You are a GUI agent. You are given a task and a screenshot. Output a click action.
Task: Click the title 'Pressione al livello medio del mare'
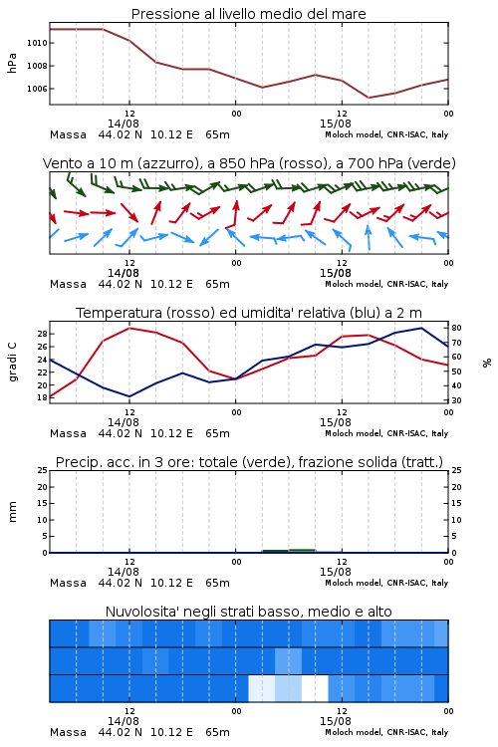click(x=248, y=14)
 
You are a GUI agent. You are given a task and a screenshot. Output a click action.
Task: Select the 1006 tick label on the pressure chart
click(x=37, y=89)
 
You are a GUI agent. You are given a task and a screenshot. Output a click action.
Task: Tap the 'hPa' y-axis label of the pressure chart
click(x=12, y=63)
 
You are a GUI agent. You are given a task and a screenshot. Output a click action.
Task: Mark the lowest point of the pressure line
click(x=368, y=98)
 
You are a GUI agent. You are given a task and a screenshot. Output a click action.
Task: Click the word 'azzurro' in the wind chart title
click(x=166, y=163)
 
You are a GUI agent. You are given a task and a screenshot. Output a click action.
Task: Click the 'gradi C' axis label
click(x=12, y=363)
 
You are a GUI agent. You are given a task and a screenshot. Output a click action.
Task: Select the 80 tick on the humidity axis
click(x=456, y=328)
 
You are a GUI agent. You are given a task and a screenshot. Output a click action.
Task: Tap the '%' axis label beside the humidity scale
click(x=487, y=363)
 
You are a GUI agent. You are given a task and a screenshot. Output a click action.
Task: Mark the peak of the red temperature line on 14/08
click(x=129, y=328)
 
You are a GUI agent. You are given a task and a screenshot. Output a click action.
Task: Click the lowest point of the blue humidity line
click(x=129, y=396)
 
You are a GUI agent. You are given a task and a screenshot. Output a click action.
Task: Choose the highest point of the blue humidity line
click(x=421, y=328)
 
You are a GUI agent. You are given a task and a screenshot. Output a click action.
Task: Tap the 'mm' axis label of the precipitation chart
click(x=12, y=512)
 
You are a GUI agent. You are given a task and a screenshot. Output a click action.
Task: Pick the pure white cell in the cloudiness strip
click(x=315, y=688)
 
